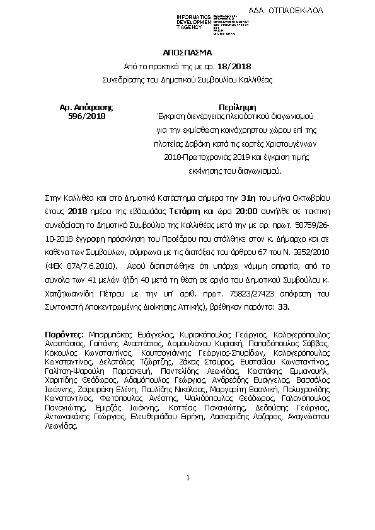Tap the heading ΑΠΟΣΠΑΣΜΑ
pyautogui.click(x=187, y=52)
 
